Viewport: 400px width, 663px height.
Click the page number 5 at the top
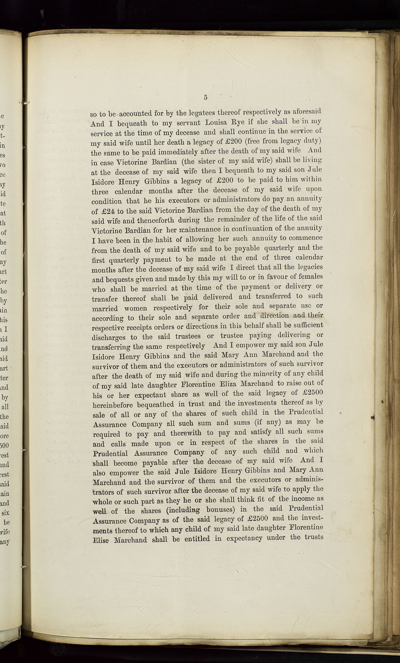[205, 98]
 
